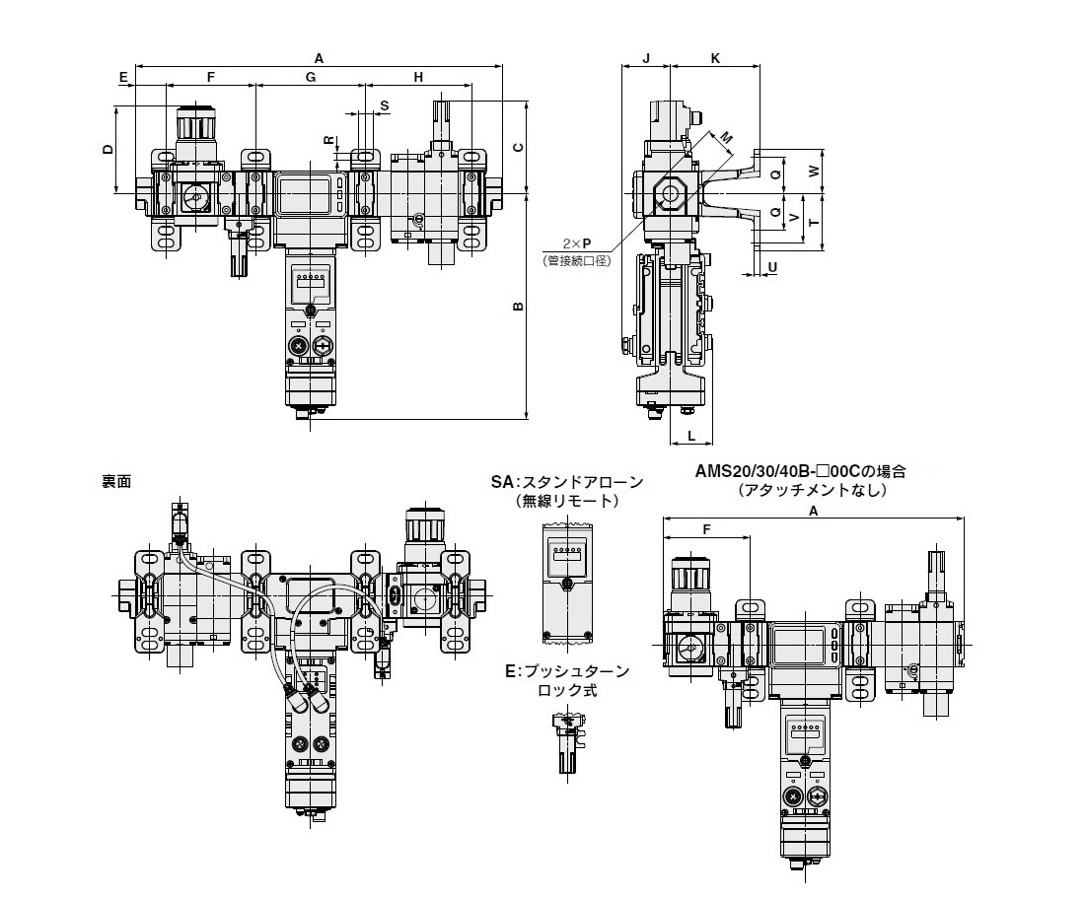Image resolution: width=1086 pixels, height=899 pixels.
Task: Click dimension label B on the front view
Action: [517, 306]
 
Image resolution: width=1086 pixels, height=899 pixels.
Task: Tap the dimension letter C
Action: [517, 148]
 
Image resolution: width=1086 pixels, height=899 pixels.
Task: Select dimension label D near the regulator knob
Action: [108, 150]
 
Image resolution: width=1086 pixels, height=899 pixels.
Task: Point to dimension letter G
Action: [311, 77]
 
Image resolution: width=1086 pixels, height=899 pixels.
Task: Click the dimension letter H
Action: [418, 77]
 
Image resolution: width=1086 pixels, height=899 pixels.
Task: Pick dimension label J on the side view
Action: [646, 58]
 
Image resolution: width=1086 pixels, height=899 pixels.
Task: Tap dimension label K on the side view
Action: [715, 58]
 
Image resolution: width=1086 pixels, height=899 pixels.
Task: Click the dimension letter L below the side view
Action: [691, 436]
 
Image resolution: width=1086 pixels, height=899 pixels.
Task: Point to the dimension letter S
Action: [385, 105]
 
